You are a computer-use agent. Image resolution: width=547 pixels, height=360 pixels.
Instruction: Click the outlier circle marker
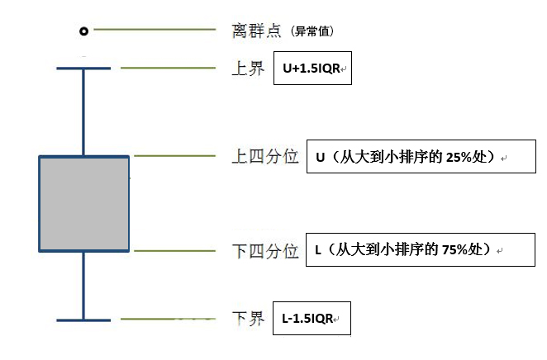click(83, 31)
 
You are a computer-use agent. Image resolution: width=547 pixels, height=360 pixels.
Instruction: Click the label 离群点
click(256, 31)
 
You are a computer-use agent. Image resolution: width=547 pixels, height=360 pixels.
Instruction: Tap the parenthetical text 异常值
click(312, 31)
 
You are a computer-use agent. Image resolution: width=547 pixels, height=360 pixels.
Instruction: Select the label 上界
click(248, 69)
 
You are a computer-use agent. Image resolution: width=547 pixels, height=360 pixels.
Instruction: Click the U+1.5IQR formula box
click(312, 68)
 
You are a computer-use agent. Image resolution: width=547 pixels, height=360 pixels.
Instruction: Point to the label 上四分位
click(265, 156)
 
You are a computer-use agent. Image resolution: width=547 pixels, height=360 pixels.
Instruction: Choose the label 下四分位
click(265, 251)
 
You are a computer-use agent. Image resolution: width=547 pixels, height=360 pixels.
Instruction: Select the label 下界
click(248, 319)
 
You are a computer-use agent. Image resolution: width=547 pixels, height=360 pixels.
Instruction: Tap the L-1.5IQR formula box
click(312, 318)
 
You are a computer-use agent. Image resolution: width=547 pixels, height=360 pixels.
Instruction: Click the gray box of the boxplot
click(84, 204)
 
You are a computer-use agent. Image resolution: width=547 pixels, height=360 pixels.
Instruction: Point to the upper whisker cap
click(83, 69)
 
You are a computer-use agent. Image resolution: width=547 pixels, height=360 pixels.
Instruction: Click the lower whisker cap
click(83, 320)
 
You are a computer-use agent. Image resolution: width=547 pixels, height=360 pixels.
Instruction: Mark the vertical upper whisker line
click(83, 112)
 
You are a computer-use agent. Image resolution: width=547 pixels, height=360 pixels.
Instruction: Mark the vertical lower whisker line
click(83, 286)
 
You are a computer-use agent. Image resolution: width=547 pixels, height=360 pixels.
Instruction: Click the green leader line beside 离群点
click(155, 30)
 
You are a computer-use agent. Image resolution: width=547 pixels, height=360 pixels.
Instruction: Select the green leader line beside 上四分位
click(175, 156)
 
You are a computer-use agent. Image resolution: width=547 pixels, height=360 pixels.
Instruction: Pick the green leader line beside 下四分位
click(175, 250)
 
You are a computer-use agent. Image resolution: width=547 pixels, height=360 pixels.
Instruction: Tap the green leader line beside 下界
click(168, 319)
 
